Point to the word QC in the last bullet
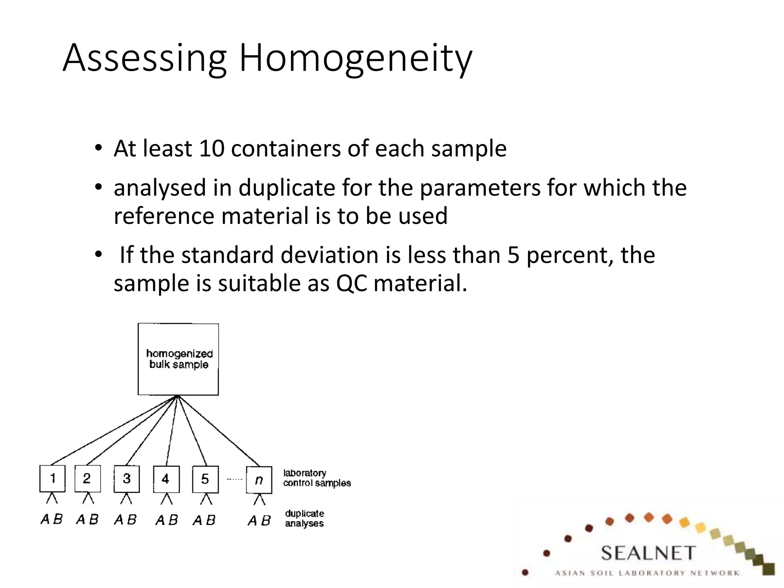coord(351,284)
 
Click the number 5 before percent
coord(513,255)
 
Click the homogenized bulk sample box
coord(178,359)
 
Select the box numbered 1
coord(52,479)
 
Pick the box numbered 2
coord(87,479)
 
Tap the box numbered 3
coord(127,479)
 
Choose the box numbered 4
coord(166,479)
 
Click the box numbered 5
coord(205,479)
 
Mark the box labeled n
coord(259,480)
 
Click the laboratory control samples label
coord(316,478)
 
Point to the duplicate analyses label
coord(304,518)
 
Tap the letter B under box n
coord(266,520)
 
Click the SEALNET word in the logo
coord(647,553)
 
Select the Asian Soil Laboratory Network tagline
coord(647,573)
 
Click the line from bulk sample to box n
coord(219,431)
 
